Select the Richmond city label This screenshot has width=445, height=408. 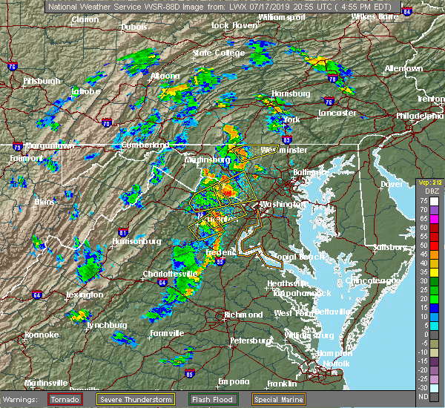(x=242, y=315)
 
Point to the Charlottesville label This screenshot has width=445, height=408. (x=170, y=274)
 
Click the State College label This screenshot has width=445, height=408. (x=218, y=53)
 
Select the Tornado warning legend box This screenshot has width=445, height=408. (x=65, y=398)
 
